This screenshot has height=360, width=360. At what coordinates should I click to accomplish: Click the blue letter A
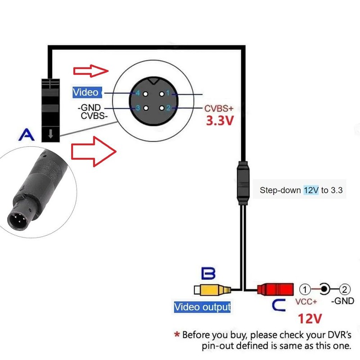click(27, 134)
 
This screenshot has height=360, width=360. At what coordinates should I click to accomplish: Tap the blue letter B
click(208, 273)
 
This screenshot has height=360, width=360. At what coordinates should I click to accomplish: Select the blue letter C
click(279, 305)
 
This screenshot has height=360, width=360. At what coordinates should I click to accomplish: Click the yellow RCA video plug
click(212, 290)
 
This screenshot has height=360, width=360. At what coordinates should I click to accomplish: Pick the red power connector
click(275, 289)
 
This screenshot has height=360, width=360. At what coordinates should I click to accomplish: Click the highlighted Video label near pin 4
click(87, 92)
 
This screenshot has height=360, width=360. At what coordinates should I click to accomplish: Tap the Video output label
click(202, 307)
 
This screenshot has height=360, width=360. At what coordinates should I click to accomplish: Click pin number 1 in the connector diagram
click(168, 93)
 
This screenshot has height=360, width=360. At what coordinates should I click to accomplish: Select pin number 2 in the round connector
click(168, 108)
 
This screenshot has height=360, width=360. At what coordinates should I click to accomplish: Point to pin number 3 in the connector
click(138, 108)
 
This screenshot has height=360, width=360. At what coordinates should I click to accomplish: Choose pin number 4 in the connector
click(138, 93)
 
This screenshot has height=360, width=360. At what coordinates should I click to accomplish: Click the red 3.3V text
click(220, 120)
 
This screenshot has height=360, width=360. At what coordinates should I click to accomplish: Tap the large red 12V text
click(310, 319)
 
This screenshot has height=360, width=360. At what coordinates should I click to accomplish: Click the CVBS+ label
click(219, 108)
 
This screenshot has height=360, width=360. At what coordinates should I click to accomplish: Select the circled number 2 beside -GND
click(344, 289)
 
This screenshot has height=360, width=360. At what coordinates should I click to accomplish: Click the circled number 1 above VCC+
click(305, 289)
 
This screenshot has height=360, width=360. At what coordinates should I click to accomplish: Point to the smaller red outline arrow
click(90, 71)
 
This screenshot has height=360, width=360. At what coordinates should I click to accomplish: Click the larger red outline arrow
click(94, 152)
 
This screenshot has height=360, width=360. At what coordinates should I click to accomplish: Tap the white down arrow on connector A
click(50, 134)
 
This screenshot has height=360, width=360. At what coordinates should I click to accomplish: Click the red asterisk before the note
click(176, 334)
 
